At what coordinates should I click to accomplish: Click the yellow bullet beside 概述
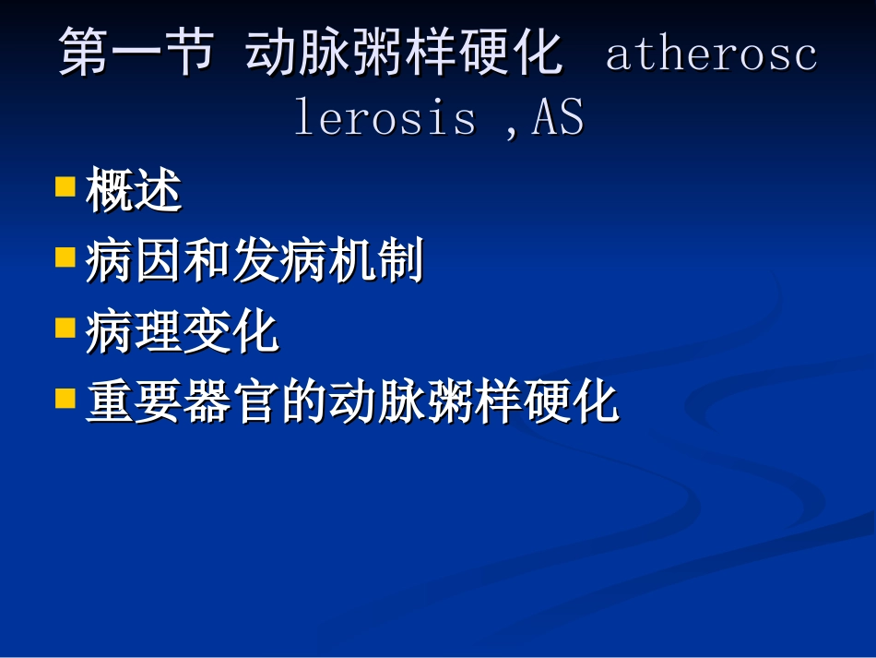pyautogui.click(x=65, y=187)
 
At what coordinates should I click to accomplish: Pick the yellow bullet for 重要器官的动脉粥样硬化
pyautogui.click(x=65, y=398)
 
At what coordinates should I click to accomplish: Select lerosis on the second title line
pyautogui.click(x=385, y=118)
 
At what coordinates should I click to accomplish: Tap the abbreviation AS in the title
pyautogui.click(x=557, y=118)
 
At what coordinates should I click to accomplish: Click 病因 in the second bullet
pyautogui.click(x=134, y=262)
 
